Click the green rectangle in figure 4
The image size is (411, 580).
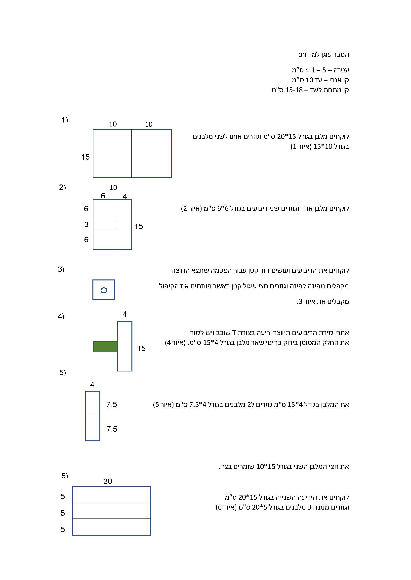[x=105, y=347]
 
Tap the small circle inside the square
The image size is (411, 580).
[x=104, y=290]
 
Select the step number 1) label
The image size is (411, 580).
[x=65, y=120]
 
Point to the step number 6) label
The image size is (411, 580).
[x=65, y=476]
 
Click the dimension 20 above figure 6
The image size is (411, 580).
[x=108, y=481]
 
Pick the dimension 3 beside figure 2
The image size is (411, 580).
[x=86, y=224]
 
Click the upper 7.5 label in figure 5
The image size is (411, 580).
[x=112, y=404]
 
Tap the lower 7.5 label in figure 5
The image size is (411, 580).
[x=112, y=429]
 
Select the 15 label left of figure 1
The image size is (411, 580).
[x=85, y=157]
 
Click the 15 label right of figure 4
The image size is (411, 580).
[x=141, y=348]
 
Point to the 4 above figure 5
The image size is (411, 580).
[x=92, y=385]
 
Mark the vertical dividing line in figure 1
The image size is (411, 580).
[x=131, y=153]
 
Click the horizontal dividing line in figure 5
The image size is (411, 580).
[x=93, y=414]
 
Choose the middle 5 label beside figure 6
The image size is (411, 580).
[x=63, y=513]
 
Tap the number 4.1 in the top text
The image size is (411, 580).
[x=310, y=70]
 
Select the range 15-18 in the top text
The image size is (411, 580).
[x=294, y=90]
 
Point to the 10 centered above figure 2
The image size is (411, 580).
[x=113, y=187]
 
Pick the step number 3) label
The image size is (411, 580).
[x=61, y=269]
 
